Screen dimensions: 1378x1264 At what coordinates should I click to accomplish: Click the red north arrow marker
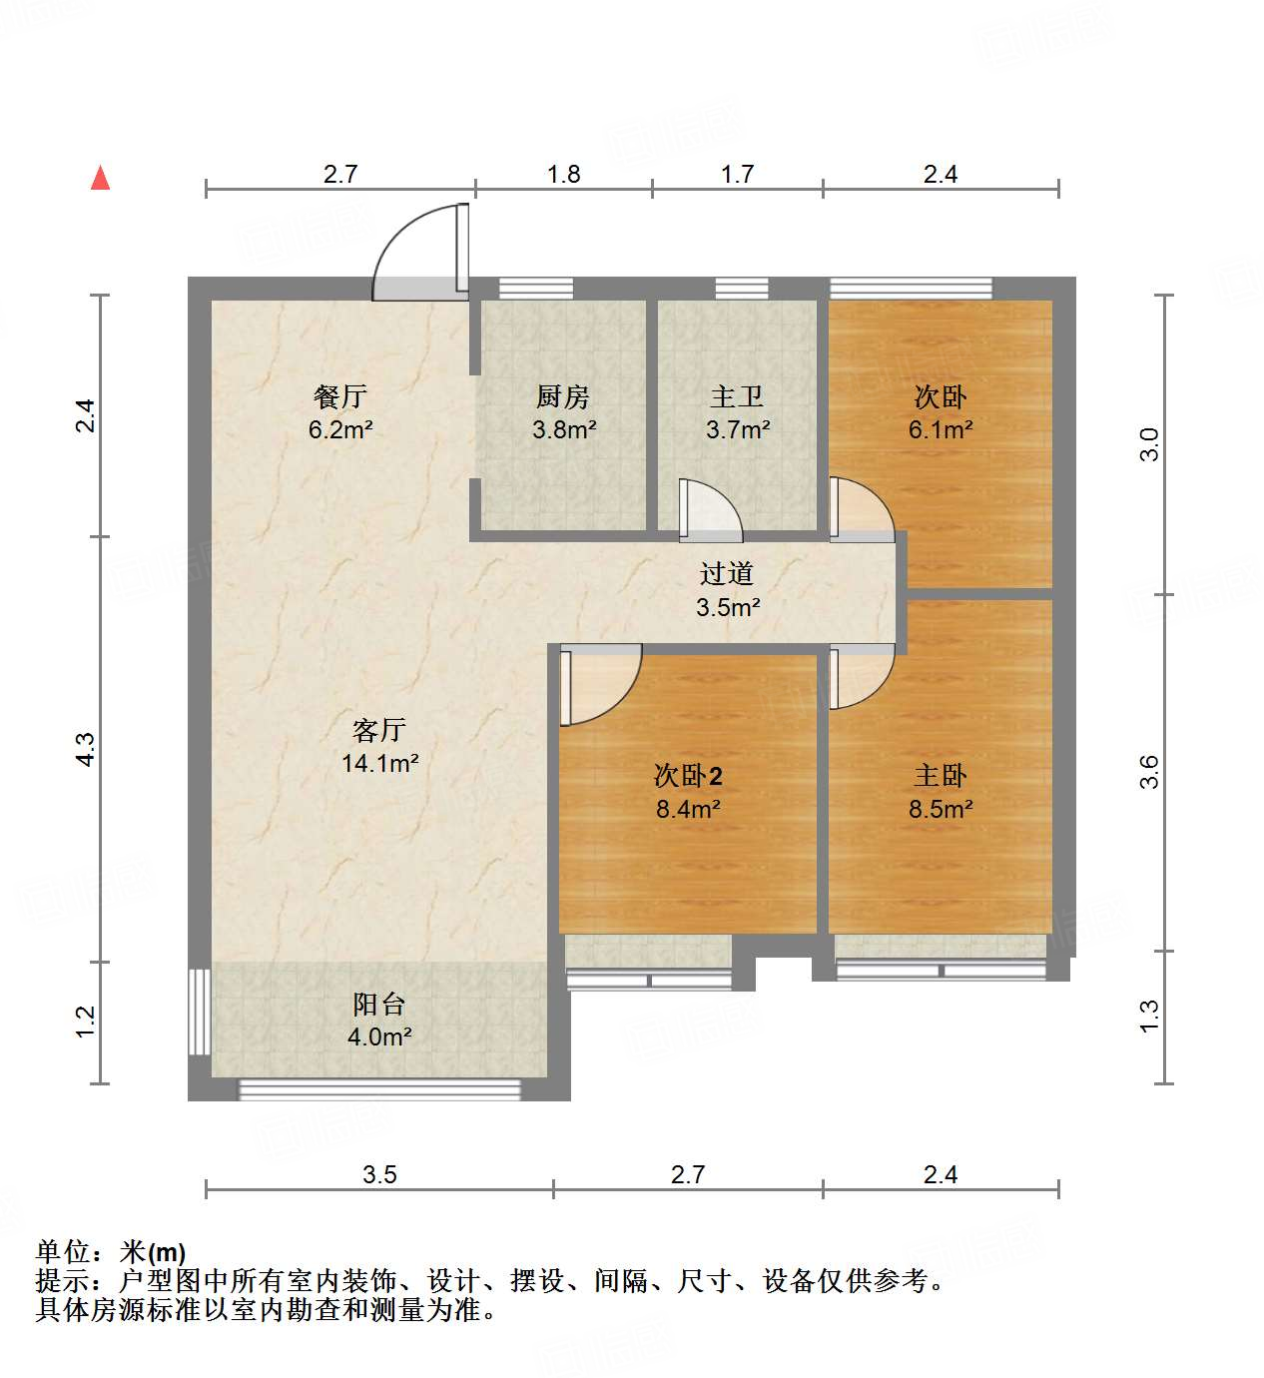tap(100, 178)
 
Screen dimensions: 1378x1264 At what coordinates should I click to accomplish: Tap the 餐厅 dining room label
tap(340, 397)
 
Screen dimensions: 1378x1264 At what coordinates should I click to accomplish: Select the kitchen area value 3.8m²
tap(564, 430)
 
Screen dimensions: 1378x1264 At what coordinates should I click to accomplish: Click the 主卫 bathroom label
tap(737, 397)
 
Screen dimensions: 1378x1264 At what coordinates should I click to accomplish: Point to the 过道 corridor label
tap(727, 574)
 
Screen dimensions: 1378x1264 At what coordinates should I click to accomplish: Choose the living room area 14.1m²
tap(379, 764)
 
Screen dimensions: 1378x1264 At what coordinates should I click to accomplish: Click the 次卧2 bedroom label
tap(688, 776)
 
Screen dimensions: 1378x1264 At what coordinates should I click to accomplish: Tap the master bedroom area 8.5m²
tap(941, 809)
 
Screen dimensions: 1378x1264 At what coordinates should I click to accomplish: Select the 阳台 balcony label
tap(379, 1005)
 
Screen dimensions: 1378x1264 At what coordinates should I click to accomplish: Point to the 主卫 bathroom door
tap(709, 510)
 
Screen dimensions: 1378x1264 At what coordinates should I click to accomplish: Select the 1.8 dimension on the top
tap(564, 175)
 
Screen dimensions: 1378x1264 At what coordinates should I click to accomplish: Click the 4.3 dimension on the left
tap(86, 749)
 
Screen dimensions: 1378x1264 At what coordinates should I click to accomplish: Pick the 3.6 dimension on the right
tap(1149, 772)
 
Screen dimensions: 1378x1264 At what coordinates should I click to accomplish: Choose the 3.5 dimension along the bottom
tap(379, 1174)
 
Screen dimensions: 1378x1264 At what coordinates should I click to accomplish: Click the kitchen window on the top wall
tap(536, 289)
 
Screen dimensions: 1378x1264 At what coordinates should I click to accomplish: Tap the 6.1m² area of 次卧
tap(941, 430)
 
